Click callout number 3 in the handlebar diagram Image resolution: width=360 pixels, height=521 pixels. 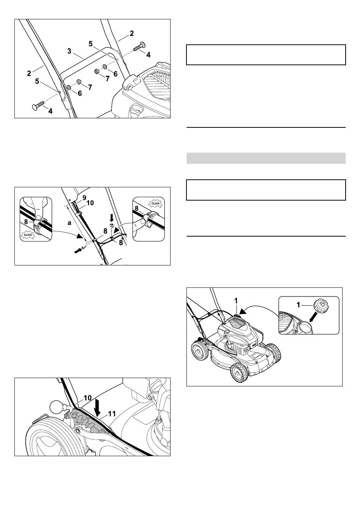69,51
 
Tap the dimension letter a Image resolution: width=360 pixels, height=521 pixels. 69,223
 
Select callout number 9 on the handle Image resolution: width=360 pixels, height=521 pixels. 84,198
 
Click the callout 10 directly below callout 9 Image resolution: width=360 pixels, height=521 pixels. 90,203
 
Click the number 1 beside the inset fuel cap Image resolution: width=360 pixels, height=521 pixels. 299,304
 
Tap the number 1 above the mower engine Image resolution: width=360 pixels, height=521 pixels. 236,301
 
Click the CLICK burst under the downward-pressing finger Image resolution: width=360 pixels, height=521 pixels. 28,235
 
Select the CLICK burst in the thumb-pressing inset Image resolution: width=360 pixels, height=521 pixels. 155,204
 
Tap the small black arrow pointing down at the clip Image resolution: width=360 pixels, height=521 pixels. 112,218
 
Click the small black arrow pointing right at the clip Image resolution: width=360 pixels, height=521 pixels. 78,251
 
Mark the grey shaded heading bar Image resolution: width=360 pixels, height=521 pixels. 266,158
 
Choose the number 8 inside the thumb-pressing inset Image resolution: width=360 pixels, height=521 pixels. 136,209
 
